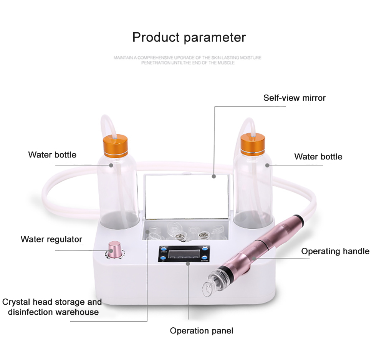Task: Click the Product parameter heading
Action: pos(189,37)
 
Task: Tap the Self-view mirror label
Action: pos(294,98)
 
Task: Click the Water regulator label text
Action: pos(51,239)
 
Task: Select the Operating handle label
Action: pos(335,251)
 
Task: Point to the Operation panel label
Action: pos(201,330)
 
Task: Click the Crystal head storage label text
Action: pos(52,307)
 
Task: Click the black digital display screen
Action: pos(183,254)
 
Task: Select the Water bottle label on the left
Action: pos(52,155)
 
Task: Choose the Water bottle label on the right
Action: pos(318,156)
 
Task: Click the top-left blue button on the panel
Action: pos(163,248)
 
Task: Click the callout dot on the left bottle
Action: pos(111,165)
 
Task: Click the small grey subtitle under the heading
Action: pos(187,60)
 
